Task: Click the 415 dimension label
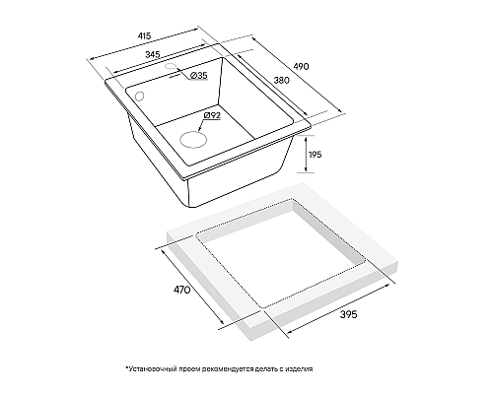[144, 35]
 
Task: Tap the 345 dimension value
[153, 54]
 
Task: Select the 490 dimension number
[301, 66]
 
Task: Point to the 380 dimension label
[282, 80]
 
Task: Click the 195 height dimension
[316, 155]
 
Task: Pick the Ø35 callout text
[199, 76]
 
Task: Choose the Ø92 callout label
[212, 115]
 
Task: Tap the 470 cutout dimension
[182, 290]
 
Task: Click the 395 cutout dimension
[348, 314]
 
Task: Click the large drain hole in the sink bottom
[193, 139]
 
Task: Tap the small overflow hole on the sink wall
[139, 97]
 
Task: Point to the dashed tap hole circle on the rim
[170, 66]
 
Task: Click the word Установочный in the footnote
[153, 369]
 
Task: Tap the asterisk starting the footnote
[126, 367]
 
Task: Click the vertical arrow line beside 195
[306, 154]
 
